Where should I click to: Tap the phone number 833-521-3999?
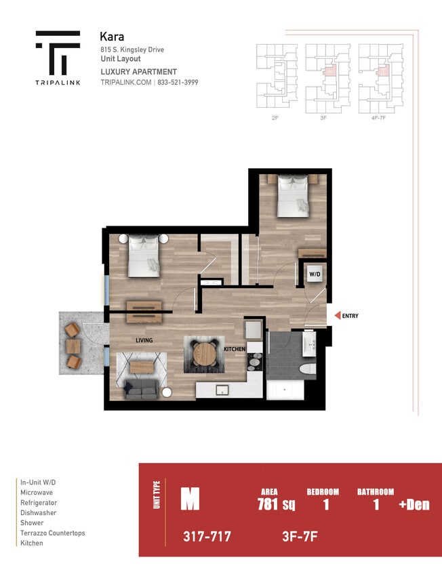(179, 82)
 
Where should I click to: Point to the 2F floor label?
(274, 118)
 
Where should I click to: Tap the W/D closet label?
(315, 274)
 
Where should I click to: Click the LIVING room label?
(143, 340)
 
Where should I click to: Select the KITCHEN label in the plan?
(235, 349)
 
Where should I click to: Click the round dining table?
(204, 353)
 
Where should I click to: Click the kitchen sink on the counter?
(220, 390)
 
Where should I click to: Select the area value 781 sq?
(276, 504)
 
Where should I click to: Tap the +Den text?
(414, 504)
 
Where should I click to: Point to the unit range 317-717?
(207, 537)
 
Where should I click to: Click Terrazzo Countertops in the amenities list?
(53, 533)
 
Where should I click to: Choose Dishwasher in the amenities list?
(39, 513)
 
